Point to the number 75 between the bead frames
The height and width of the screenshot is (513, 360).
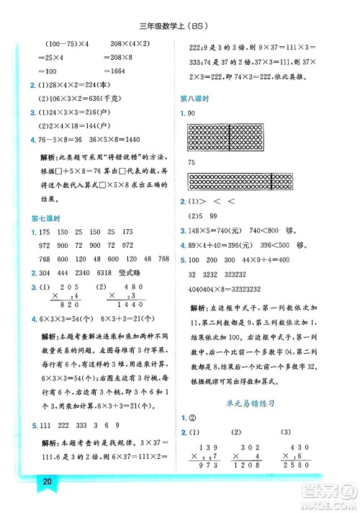coord(192,163)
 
